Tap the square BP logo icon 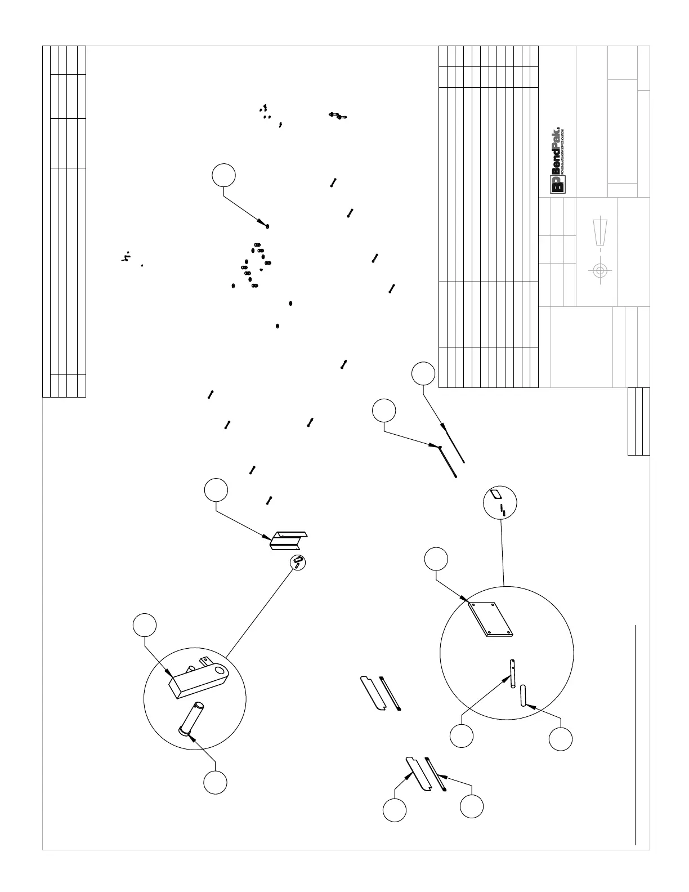point(557,185)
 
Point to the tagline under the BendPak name point(562,151)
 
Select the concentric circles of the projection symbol point(599,270)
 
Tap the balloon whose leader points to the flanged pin point(216,782)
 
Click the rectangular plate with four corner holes point(491,619)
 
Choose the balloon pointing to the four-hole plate point(436,559)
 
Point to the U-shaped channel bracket point(289,541)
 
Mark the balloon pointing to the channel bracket point(216,490)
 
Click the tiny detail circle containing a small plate point(500,502)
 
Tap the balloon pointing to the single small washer point(223,175)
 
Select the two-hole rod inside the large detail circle point(514,673)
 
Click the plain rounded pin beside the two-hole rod point(523,696)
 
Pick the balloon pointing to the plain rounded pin point(561,739)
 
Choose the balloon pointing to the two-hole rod point(462,736)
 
